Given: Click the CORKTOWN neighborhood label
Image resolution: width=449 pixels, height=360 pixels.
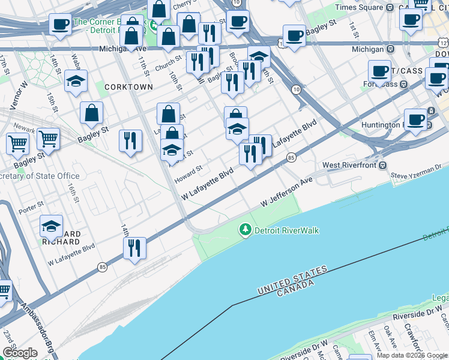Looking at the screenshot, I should pyautogui.click(x=128, y=87).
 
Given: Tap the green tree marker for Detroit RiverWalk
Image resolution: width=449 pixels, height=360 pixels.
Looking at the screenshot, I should pyautogui.click(x=245, y=230).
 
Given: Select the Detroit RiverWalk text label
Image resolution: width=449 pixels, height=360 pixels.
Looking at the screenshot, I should pyautogui.click(x=286, y=230).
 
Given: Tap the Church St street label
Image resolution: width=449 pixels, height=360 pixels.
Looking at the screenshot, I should pyautogui.click(x=168, y=64).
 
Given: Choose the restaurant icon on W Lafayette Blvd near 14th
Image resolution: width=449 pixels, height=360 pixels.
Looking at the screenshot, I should pyautogui.click(x=134, y=247).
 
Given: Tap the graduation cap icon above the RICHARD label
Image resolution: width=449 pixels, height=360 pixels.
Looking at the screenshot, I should pyautogui.click(x=52, y=226).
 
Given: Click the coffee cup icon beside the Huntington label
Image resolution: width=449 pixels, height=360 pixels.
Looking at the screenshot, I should pyautogui.click(x=415, y=119).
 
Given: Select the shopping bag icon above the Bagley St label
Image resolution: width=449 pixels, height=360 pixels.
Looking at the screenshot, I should pyautogui.click(x=91, y=112).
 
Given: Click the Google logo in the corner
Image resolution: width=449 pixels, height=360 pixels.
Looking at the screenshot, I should pyautogui.click(x=19, y=353).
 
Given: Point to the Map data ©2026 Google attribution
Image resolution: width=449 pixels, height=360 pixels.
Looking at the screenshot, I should pyautogui.click(x=412, y=355).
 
